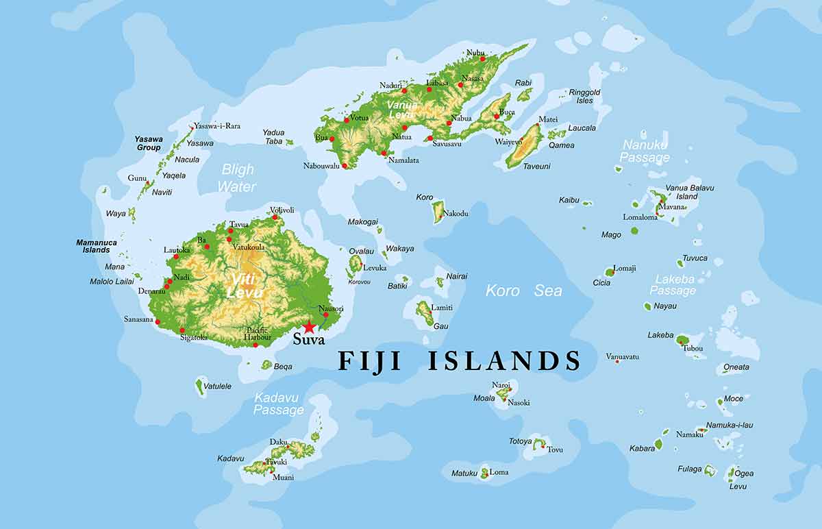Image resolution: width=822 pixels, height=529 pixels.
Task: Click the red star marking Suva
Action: pos(310,327)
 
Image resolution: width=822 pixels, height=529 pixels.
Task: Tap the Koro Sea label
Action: pos(524,291)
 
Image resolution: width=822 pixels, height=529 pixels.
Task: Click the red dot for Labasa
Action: pos(429,89)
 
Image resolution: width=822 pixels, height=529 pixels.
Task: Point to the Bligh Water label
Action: pos(237,177)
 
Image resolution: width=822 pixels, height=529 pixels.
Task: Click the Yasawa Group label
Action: pos(149,143)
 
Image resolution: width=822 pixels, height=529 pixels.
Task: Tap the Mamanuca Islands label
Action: pos(97,246)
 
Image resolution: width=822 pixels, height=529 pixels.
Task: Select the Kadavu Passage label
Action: pos(279,404)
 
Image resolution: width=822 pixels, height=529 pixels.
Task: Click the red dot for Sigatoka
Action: pos(182,330)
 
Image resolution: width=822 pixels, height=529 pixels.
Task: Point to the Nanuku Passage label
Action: pos(645,151)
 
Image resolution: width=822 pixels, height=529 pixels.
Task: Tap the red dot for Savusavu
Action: pos(429,138)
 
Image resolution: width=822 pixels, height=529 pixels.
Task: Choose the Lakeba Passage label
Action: pos(674,284)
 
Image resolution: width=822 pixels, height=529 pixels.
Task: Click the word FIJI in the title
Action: pos(373,360)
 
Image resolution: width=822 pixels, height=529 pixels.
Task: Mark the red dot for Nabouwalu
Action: pos(345,165)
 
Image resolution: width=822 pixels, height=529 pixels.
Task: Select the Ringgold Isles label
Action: pos(584,96)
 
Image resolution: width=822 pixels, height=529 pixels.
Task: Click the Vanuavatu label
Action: pos(622,356)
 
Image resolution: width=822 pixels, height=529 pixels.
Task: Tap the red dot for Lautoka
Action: pos(176,256)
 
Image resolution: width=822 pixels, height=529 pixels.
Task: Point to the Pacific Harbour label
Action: pos(258,333)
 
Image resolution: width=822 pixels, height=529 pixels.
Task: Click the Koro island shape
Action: pos(438,212)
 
